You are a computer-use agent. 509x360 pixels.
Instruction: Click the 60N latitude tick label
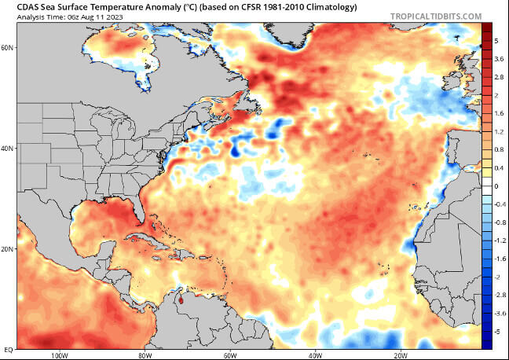(x=9, y=47)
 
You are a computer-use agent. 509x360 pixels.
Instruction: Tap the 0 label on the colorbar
(x=496, y=186)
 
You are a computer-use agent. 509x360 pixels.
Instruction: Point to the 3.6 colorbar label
(x=499, y=59)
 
